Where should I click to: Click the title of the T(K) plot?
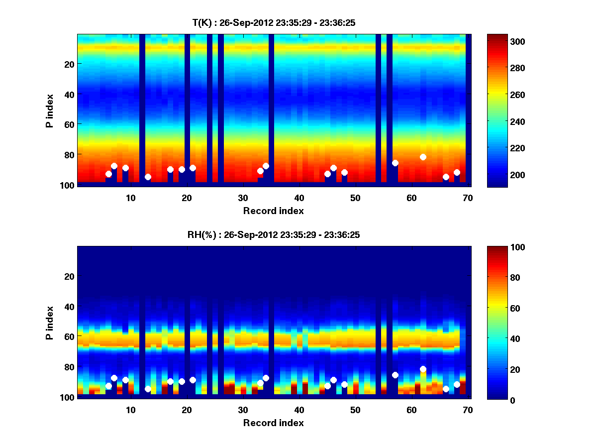tap(274, 23)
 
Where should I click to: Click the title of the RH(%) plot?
tap(274, 235)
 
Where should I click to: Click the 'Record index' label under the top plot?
tap(274, 211)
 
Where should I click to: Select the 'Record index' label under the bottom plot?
tap(274, 423)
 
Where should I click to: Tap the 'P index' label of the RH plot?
tap(50, 323)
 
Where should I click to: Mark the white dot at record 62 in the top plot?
tap(423, 157)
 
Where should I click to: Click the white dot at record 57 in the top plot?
tap(395, 163)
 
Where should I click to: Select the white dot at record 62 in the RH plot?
tap(423, 369)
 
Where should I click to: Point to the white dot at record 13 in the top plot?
tap(148, 177)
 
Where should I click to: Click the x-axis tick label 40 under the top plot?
tap(299, 198)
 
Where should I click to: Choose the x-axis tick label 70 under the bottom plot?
tap(468, 410)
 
